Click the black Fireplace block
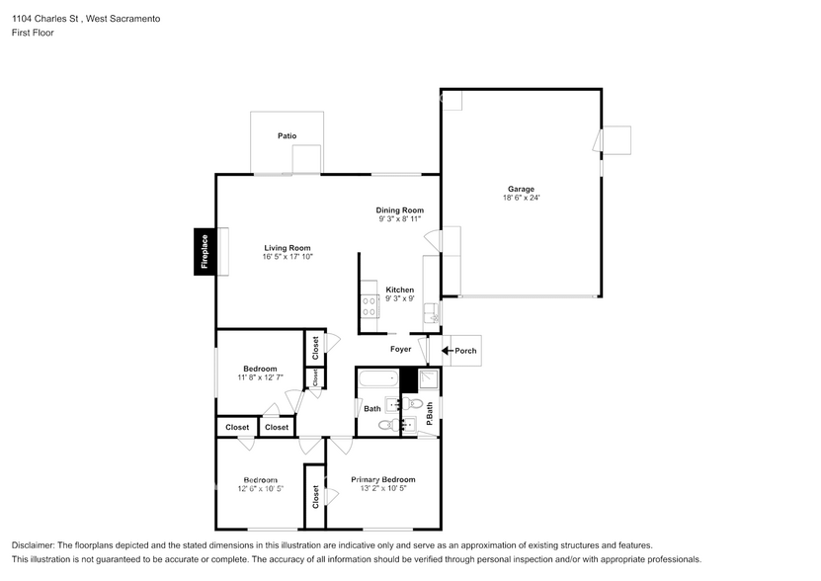point(205,251)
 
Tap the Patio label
point(287,136)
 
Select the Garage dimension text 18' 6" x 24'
point(521,198)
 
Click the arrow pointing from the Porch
point(448,351)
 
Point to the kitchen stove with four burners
point(369,306)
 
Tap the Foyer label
point(400,350)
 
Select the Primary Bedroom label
point(383,480)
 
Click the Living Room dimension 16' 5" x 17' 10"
point(287,257)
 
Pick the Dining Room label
point(400,210)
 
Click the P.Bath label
point(430,413)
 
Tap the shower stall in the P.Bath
point(429,379)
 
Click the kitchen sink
point(432,313)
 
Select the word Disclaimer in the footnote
point(32,545)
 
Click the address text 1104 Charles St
point(45,19)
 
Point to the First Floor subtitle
point(33,33)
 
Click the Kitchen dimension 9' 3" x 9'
point(400,298)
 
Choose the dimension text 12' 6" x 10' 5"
point(260,489)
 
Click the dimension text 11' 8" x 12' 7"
point(260,377)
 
